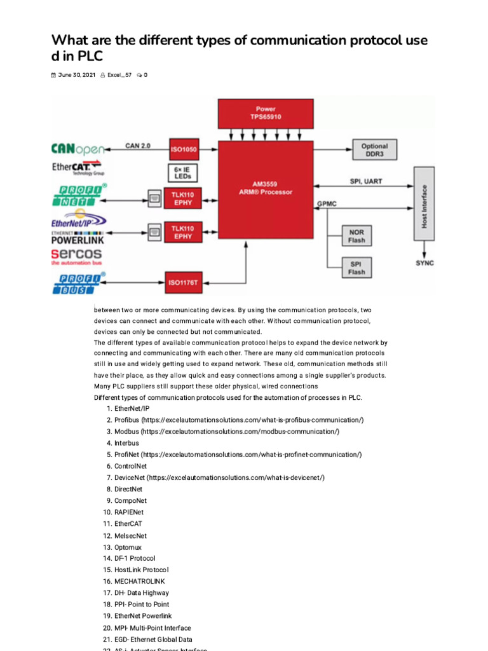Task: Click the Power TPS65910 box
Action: [x=266, y=113]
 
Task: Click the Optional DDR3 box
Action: [x=374, y=150]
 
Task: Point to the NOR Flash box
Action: [x=356, y=236]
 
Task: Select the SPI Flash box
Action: [x=356, y=268]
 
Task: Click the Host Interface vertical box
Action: [x=424, y=204]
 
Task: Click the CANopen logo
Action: [x=78, y=149]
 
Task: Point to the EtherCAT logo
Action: [x=78, y=168]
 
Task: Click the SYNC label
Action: [x=424, y=263]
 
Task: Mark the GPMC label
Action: [x=327, y=204]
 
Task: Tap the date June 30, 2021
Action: [x=76, y=75]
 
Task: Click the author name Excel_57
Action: [x=119, y=75]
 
